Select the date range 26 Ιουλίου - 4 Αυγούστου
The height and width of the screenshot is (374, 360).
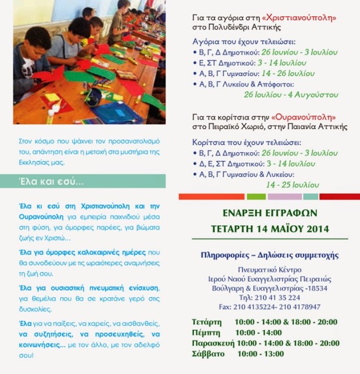(291, 94)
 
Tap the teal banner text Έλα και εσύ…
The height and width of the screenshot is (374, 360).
(51, 182)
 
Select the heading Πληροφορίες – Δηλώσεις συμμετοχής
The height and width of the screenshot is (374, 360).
(269, 255)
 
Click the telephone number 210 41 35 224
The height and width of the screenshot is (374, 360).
(278, 297)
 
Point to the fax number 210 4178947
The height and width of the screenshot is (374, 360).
(298, 307)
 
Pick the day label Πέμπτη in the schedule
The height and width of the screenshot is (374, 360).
(206, 332)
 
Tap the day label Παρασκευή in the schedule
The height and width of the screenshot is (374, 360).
(212, 343)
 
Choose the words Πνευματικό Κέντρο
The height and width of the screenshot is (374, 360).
(270, 269)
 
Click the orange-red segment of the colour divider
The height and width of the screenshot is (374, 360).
(211, 196)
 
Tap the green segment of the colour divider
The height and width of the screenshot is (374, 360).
(256, 196)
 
